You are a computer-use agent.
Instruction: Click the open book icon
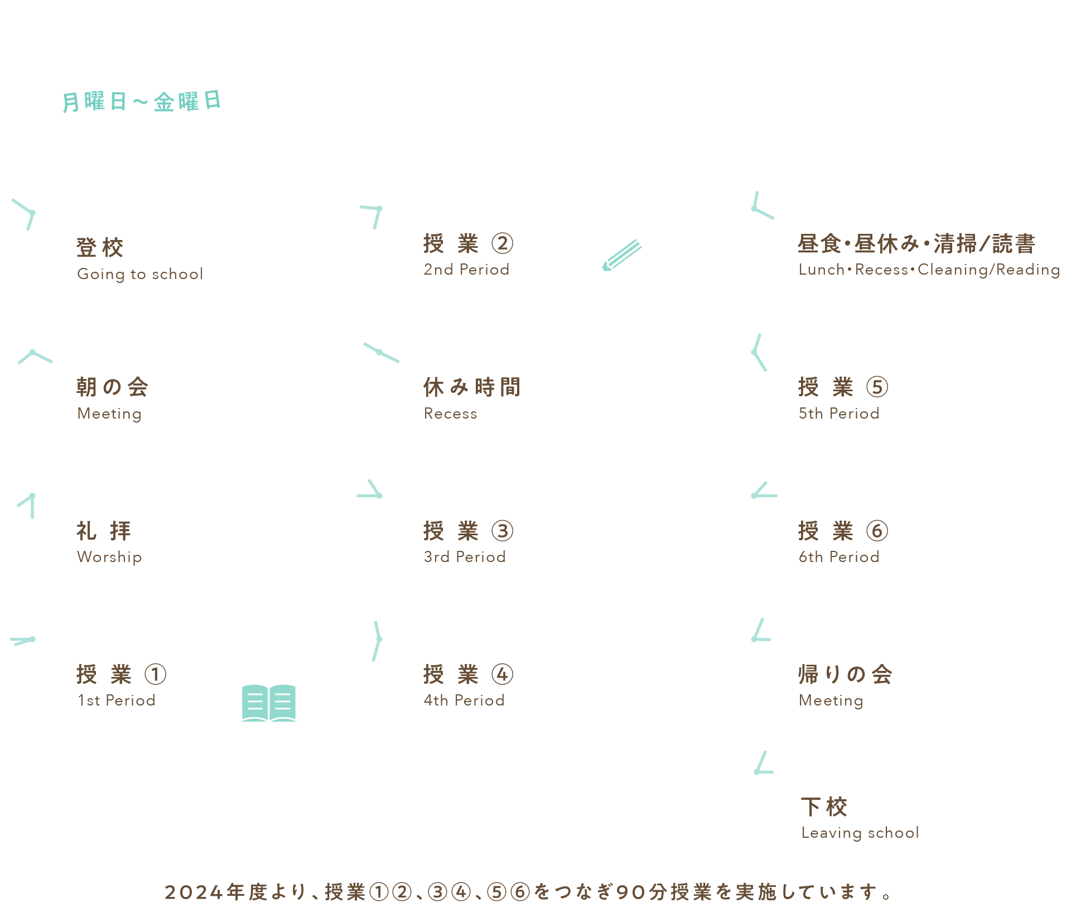[268, 703]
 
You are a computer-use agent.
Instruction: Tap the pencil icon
[622, 255]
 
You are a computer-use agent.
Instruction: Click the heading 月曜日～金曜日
[142, 102]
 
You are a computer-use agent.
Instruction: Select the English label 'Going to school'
[140, 274]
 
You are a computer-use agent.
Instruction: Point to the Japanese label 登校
[100, 247]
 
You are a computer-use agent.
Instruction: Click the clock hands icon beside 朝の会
[35, 356]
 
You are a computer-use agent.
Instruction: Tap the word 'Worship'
[109, 557]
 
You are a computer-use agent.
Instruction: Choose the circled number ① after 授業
[156, 674]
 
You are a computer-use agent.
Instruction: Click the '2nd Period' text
[466, 270]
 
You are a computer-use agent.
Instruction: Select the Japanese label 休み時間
[472, 387]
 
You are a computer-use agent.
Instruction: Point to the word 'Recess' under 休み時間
[451, 414]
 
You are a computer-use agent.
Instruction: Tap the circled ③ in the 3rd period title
[502, 531]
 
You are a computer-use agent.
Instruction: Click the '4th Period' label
[464, 700]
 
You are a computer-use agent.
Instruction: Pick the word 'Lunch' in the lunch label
[822, 270]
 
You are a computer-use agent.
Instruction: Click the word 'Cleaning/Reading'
[988, 270]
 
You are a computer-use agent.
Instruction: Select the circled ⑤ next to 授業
[877, 387]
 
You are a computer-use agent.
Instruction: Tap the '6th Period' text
[839, 557]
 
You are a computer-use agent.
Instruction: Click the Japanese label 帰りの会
[845, 674]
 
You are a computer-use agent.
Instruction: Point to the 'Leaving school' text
[860, 833]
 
